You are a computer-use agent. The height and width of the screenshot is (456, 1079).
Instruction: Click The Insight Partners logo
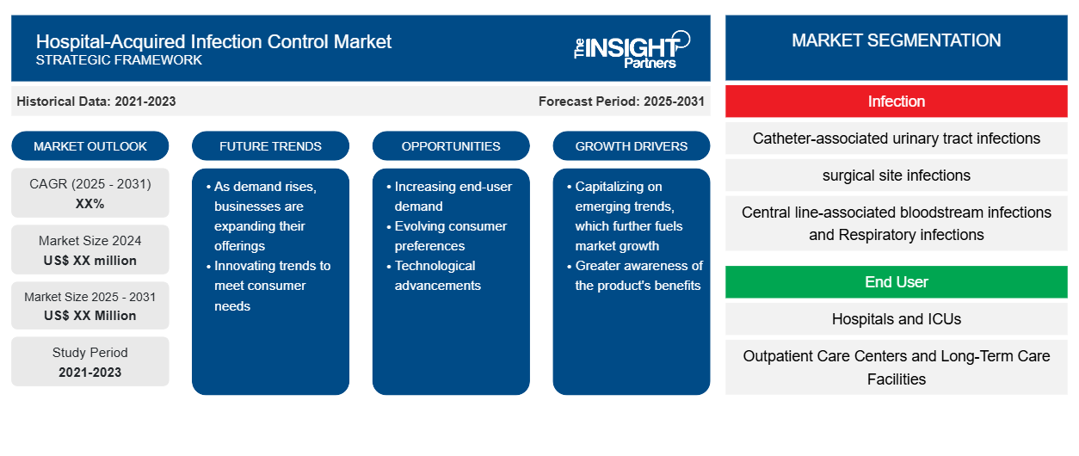632,50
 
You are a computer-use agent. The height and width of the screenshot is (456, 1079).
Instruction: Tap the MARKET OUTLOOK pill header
90,146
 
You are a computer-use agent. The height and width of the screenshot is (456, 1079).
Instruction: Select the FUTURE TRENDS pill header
270,146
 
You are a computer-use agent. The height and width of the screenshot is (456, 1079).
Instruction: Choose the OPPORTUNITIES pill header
451,146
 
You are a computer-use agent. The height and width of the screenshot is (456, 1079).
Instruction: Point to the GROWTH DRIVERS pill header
631,146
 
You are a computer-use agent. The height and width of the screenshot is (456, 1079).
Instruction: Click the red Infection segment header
897,102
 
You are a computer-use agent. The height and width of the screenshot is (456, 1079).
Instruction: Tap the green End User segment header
897,281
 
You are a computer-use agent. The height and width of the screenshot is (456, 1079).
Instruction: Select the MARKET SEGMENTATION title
897,40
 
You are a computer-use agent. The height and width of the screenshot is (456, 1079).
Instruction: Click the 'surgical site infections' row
897,176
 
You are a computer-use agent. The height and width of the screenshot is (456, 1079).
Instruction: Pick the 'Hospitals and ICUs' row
897,318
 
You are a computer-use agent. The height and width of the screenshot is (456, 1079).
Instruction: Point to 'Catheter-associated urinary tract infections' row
897,139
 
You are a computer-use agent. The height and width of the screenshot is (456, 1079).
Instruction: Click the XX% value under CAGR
90,204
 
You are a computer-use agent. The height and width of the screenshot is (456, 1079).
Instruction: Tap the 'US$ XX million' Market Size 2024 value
90,261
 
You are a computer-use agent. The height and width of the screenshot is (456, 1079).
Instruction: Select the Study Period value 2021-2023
90,373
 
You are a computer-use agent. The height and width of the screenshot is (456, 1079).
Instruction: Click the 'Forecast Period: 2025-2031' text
621,102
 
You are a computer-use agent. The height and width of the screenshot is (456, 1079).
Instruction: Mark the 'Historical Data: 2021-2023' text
96,102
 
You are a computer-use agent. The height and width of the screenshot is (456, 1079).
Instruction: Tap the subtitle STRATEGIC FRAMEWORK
119,60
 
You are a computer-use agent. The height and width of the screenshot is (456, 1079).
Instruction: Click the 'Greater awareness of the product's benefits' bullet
635,275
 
